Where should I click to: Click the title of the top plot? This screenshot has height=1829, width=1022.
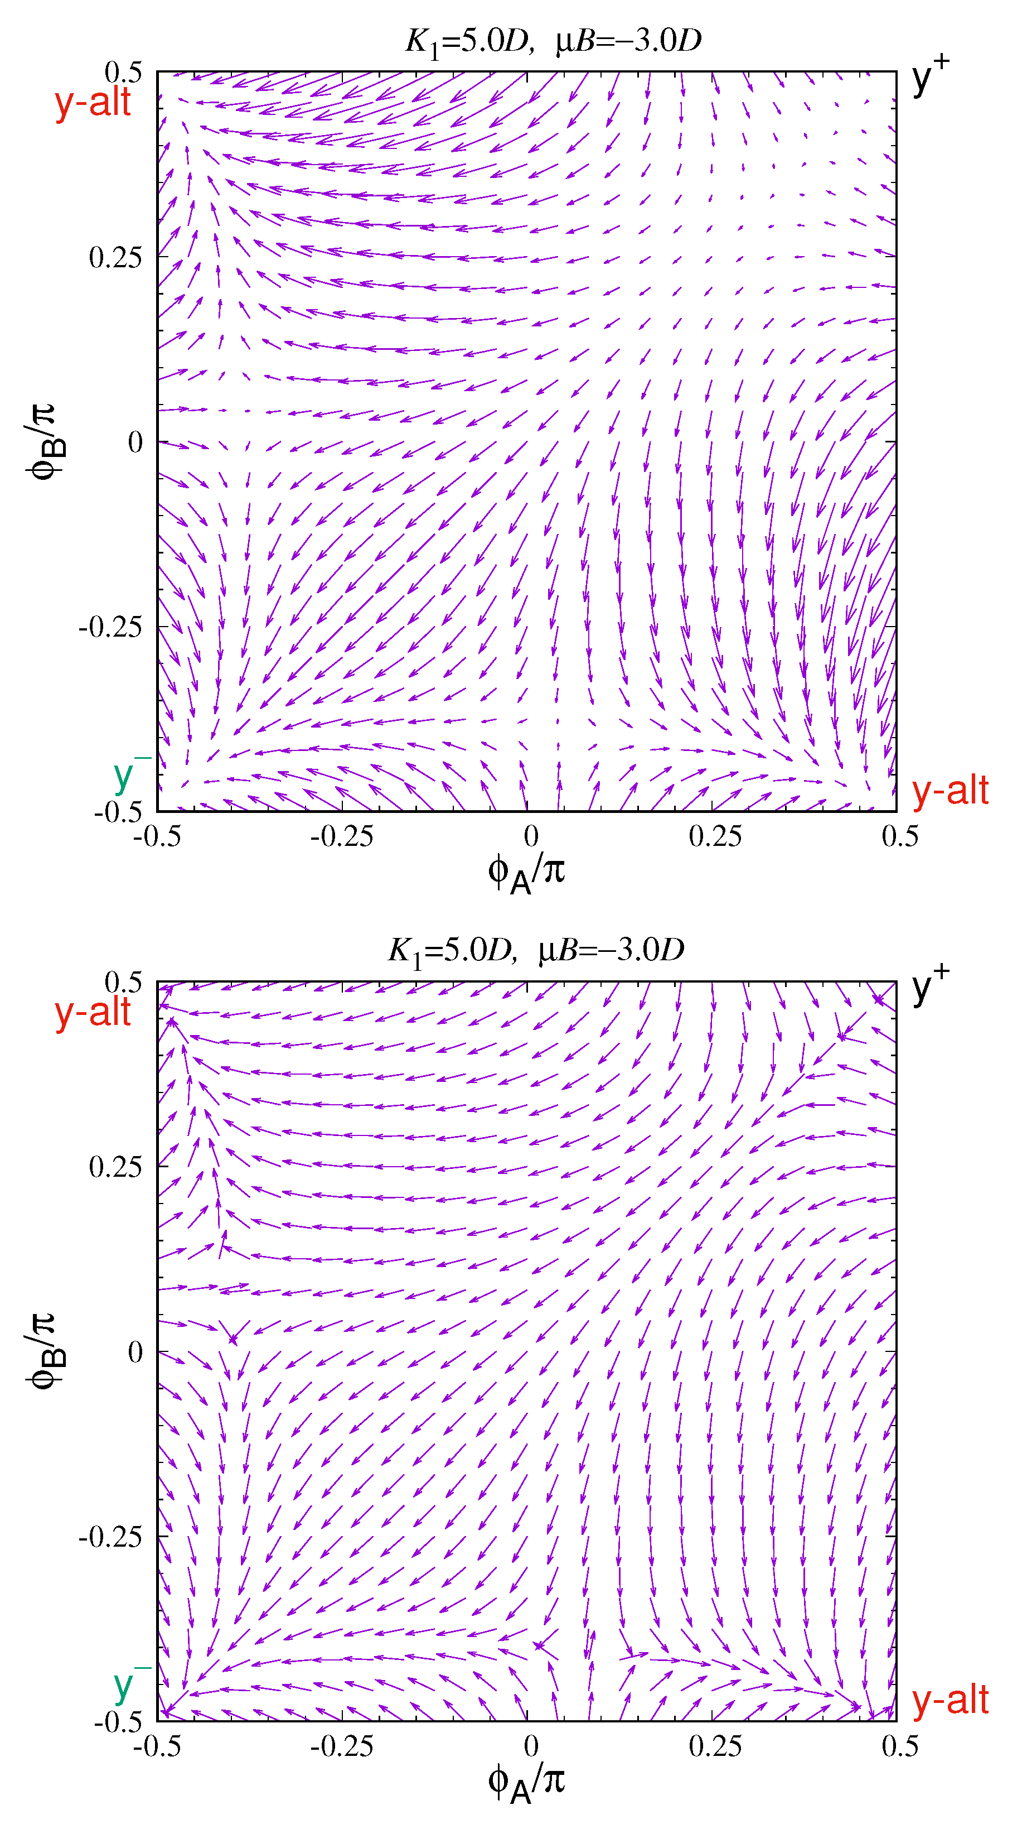tap(553, 41)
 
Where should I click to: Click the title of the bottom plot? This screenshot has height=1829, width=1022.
tap(536, 951)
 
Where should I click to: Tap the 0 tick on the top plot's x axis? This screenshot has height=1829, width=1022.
tap(531, 836)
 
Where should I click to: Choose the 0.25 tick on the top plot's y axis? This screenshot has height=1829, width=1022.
tap(115, 257)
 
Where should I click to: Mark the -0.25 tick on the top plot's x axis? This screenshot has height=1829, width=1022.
tap(341, 836)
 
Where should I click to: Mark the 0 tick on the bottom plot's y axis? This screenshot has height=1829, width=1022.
tap(135, 1353)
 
